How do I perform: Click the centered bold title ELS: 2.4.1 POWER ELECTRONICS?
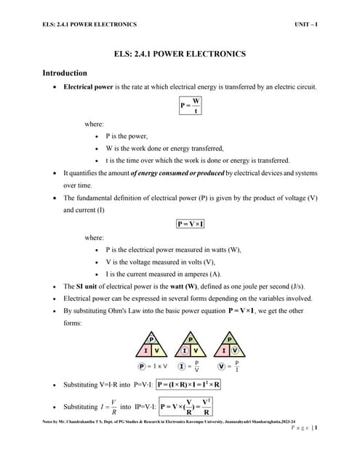point(180,54)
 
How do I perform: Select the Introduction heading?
point(65,73)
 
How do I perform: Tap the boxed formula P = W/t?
point(191,106)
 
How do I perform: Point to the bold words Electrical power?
point(88,87)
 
